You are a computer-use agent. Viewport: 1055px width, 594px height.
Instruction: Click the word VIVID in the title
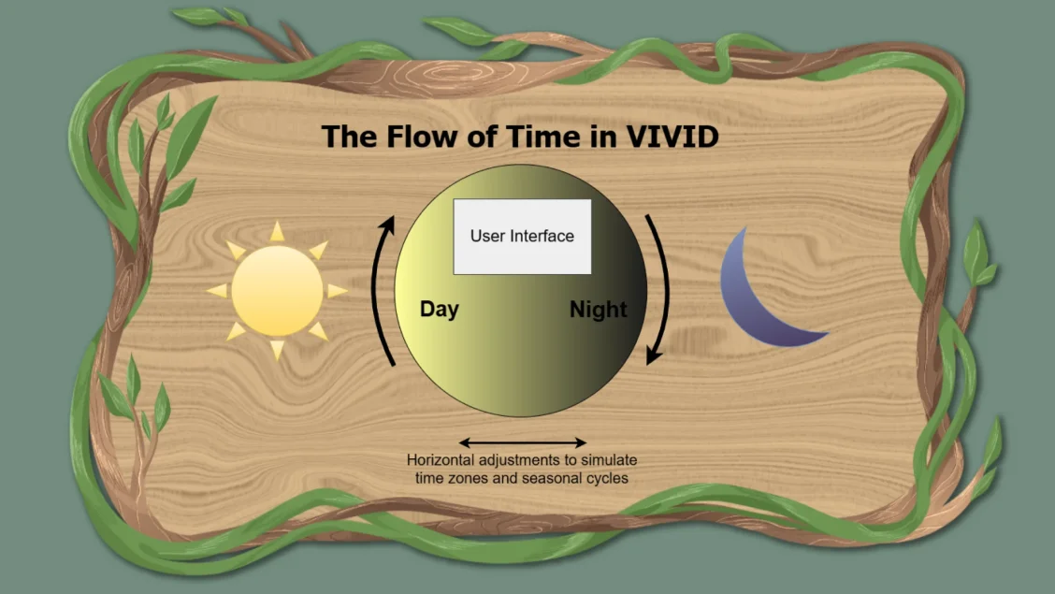pyautogui.click(x=672, y=137)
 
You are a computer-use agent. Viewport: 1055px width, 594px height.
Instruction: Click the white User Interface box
pyautogui.click(x=522, y=236)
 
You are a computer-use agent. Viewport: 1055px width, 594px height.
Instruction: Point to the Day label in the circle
pyautogui.click(x=440, y=310)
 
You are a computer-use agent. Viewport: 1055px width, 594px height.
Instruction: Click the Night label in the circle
pyautogui.click(x=599, y=310)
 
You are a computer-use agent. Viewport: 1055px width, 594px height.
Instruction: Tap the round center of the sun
pyautogui.click(x=277, y=291)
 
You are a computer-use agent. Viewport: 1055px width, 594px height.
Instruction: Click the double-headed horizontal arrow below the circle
pyautogui.click(x=522, y=442)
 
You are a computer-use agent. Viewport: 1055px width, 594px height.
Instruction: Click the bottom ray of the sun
pyautogui.click(x=277, y=349)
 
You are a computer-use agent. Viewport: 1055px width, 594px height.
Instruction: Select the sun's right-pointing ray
pyautogui.click(x=337, y=291)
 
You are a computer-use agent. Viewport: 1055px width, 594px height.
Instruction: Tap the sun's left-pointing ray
pyautogui.click(x=217, y=291)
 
